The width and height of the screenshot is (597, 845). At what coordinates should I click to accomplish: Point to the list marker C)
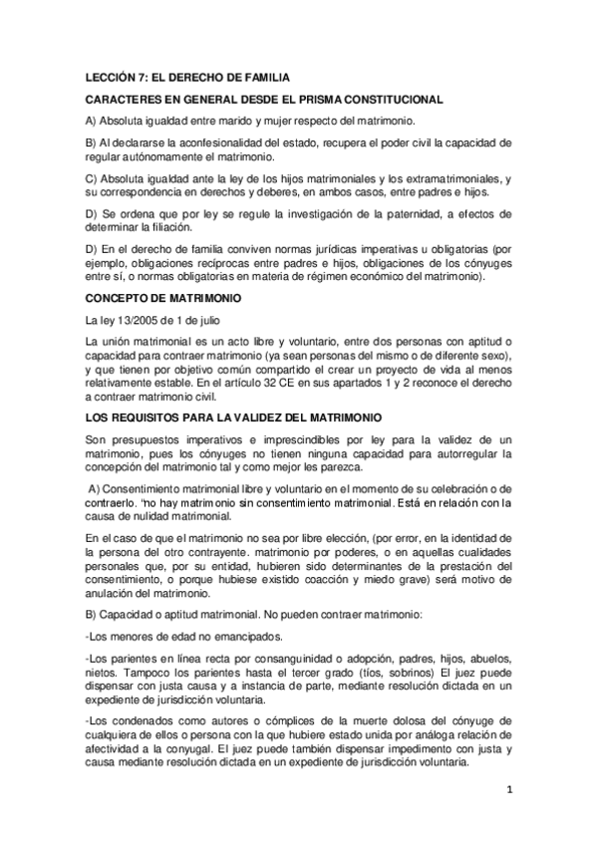click(x=93, y=177)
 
